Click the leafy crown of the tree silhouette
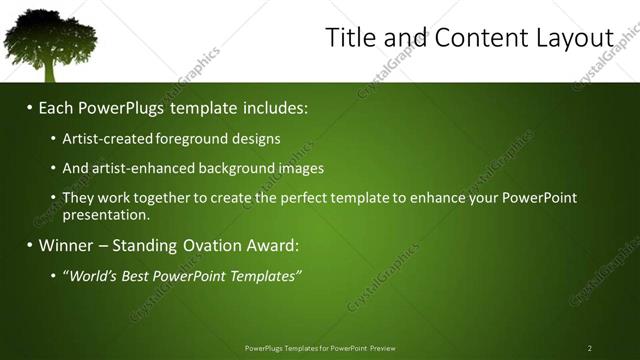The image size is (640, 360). tap(49, 35)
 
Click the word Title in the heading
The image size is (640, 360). tap(349, 38)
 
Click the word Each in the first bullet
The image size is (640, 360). tap(57, 107)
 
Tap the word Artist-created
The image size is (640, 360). tap(104, 139)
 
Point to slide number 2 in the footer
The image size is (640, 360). tap(589, 348)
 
